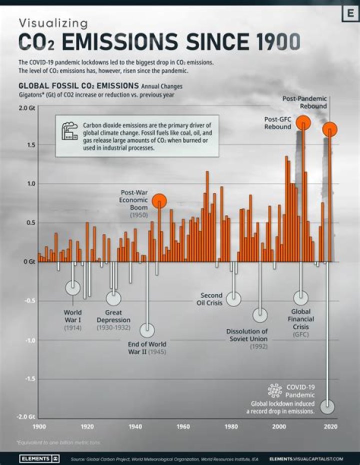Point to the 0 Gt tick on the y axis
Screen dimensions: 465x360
point(28,261)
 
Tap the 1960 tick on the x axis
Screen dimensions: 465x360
point(183,426)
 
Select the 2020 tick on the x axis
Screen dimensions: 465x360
point(330,426)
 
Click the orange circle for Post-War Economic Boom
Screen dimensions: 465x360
point(159,201)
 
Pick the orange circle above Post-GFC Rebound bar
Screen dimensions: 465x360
point(303,122)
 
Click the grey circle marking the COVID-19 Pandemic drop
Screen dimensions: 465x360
point(328,406)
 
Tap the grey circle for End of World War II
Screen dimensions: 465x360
point(147,330)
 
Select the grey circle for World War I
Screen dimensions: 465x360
point(73,287)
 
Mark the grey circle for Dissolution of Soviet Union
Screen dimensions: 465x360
point(260,315)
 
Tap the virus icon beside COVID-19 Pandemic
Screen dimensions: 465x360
point(274,390)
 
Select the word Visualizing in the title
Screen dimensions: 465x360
point(53,23)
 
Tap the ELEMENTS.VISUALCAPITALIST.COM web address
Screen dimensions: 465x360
point(305,458)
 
